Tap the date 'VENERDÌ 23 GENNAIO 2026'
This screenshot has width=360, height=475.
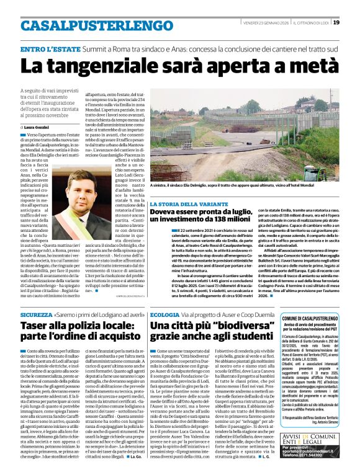[265, 22]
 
